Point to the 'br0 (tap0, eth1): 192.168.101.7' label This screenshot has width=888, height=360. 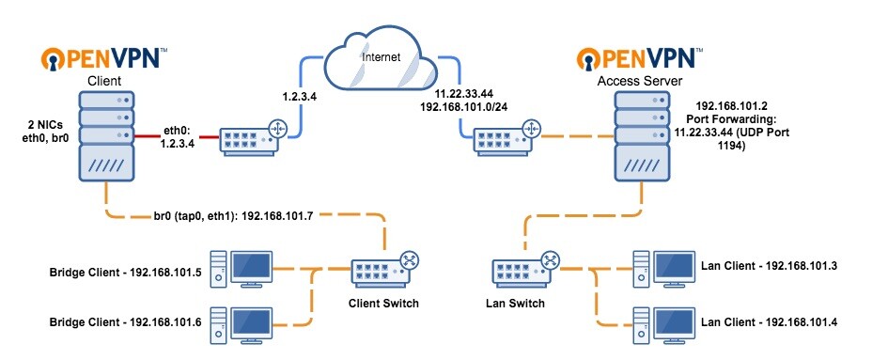click(x=246, y=214)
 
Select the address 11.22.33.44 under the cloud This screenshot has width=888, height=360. click(x=464, y=94)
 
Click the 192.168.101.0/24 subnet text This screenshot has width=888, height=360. click(x=477, y=107)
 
